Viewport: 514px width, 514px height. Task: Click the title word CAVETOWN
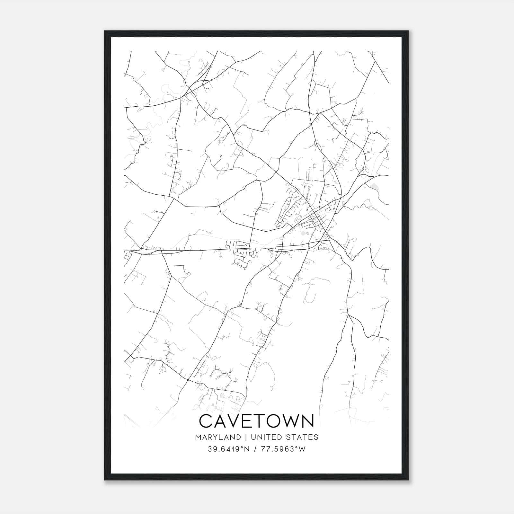(256, 421)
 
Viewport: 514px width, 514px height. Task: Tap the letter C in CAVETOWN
(207, 421)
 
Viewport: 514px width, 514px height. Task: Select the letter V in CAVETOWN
(236, 421)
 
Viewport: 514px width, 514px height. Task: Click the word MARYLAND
(217, 437)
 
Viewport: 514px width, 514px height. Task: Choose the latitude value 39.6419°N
(229, 449)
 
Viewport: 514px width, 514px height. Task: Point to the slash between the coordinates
(255, 449)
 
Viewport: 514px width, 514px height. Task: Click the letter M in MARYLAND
(197, 437)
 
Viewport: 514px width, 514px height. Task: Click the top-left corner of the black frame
(105, 31)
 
